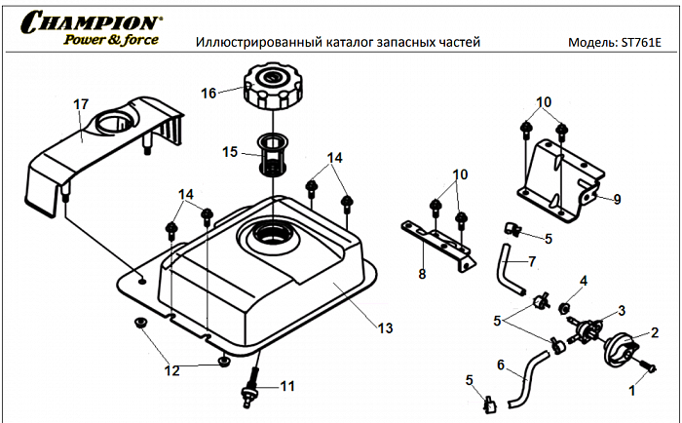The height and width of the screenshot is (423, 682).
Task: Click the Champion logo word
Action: (93, 20)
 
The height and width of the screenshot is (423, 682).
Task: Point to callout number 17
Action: (81, 104)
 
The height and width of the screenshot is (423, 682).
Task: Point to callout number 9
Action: (616, 200)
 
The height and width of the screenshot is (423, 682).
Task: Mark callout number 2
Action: (655, 332)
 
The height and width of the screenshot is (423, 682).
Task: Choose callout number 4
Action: (584, 282)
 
